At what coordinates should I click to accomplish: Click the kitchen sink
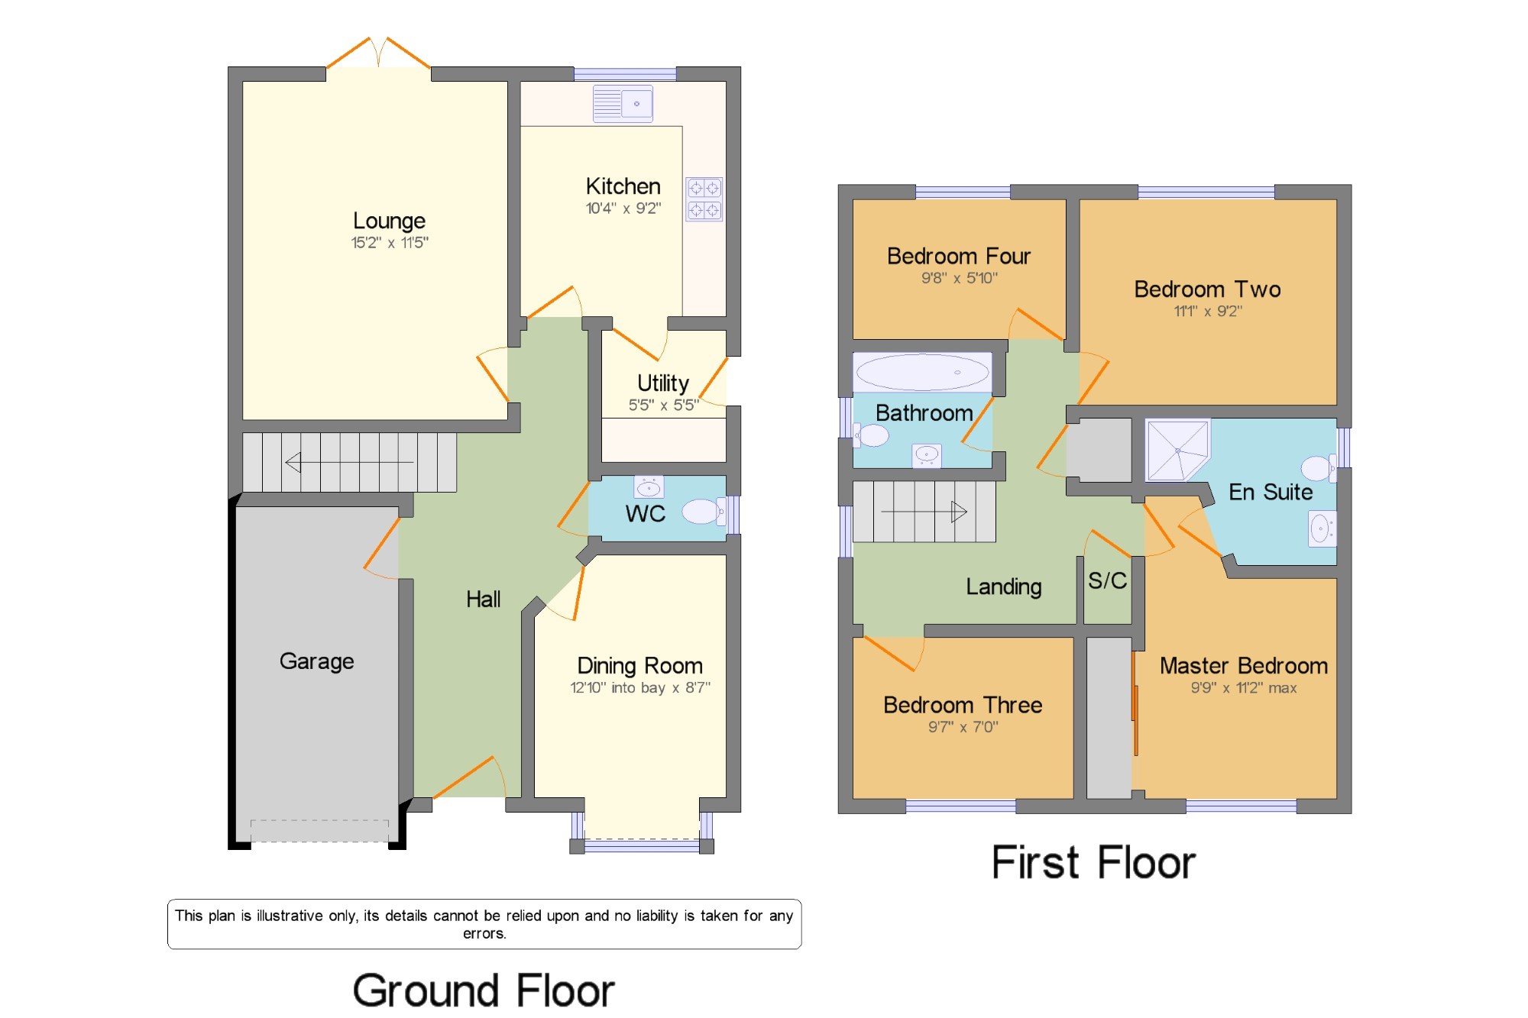[623, 104]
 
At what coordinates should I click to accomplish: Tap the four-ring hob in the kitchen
[704, 199]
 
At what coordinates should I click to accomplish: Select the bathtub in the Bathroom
[922, 373]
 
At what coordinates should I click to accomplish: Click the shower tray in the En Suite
[1177, 450]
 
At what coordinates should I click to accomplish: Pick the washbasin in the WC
[649, 487]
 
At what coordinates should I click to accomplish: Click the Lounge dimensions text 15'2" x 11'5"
[390, 243]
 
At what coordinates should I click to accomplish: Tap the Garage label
[316, 661]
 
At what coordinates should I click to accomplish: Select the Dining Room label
[639, 666]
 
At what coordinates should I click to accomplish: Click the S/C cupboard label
[1107, 580]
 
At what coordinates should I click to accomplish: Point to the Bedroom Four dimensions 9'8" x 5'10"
[960, 278]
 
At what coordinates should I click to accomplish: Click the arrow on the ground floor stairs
[349, 462]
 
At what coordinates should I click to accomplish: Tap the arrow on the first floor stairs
[924, 511]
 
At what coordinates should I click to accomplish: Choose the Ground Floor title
[484, 991]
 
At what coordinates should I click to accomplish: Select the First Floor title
[1093, 863]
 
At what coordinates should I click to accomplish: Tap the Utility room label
[663, 383]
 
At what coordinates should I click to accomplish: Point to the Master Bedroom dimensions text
[1244, 688]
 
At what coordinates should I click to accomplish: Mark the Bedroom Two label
[1208, 289]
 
